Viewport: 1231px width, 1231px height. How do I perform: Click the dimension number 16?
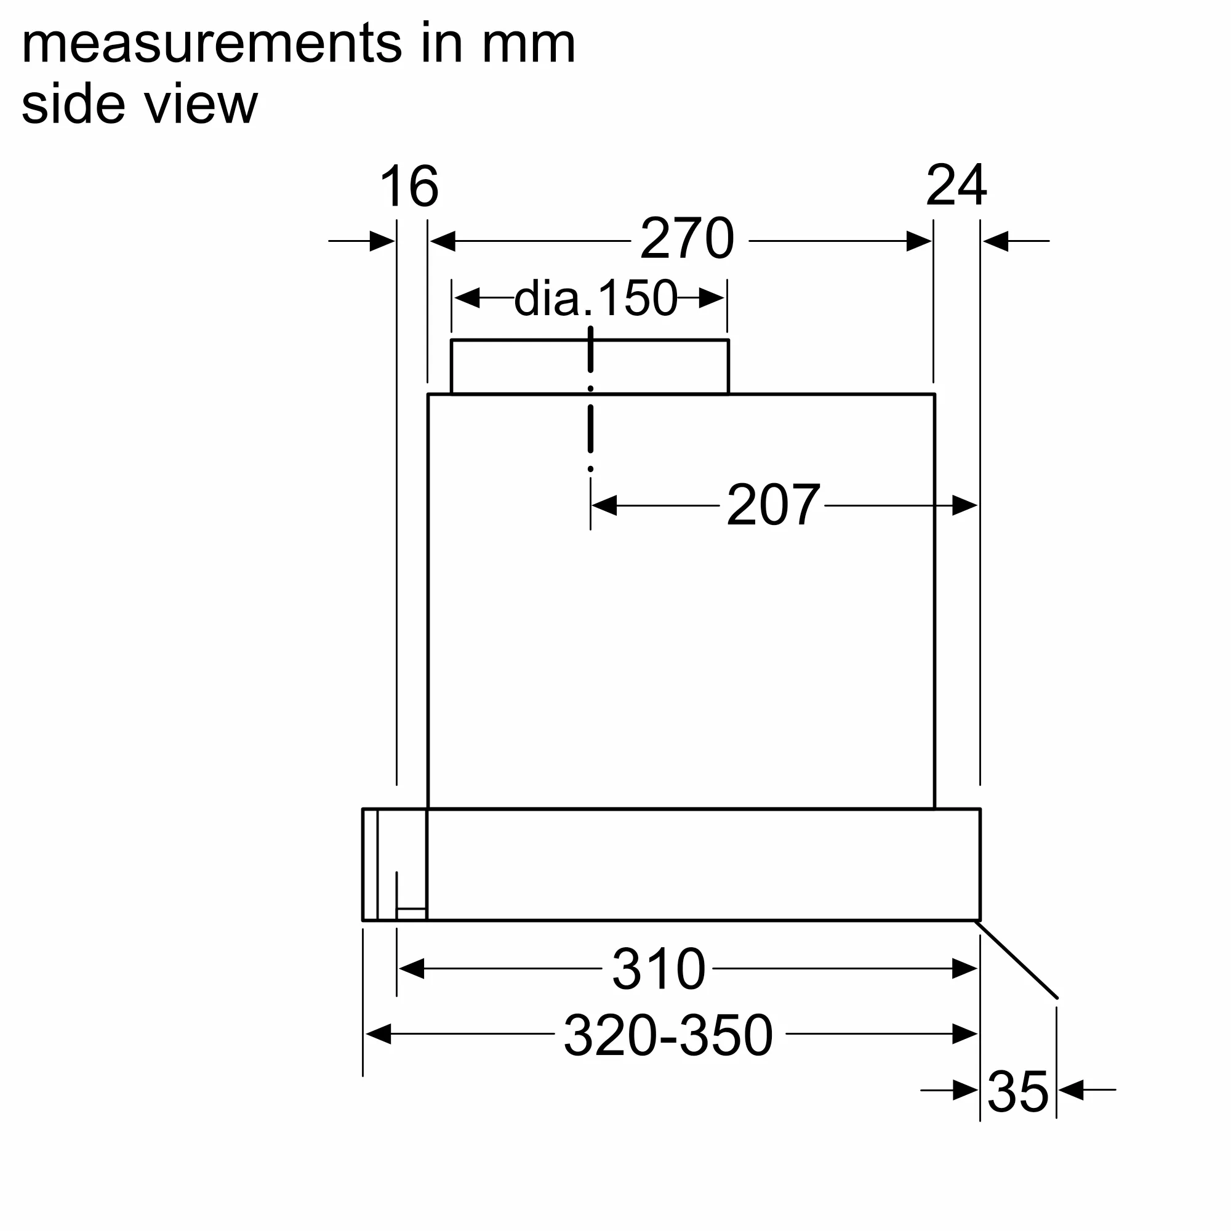pyautogui.click(x=409, y=186)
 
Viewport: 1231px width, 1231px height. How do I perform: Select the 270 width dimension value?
pyautogui.click(x=687, y=239)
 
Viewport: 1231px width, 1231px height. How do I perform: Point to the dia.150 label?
pyautogui.click(x=596, y=298)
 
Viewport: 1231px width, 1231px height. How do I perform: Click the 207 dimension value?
pyautogui.click(x=773, y=505)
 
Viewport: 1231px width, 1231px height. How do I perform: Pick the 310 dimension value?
pyautogui.click(x=659, y=969)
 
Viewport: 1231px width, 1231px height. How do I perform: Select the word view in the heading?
pyautogui.click(x=201, y=105)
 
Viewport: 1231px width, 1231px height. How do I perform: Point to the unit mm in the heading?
pyautogui.click(x=529, y=44)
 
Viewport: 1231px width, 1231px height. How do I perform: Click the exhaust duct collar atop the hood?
pyautogui.click(x=590, y=367)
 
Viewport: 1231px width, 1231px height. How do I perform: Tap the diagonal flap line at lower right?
pyautogui.click(x=1017, y=960)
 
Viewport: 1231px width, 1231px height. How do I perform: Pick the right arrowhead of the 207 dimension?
pyautogui.click(x=964, y=505)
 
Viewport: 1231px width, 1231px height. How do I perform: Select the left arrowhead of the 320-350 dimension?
pyautogui.click(x=378, y=1034)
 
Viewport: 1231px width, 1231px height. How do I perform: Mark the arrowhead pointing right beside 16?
pyautogui.click(x=382, y=241)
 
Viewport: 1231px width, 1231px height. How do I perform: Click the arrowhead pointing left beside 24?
pyautogui.click(x=996, y=241)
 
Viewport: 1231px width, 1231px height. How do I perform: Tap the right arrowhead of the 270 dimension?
pyautogui.click(x=919, y=241)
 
